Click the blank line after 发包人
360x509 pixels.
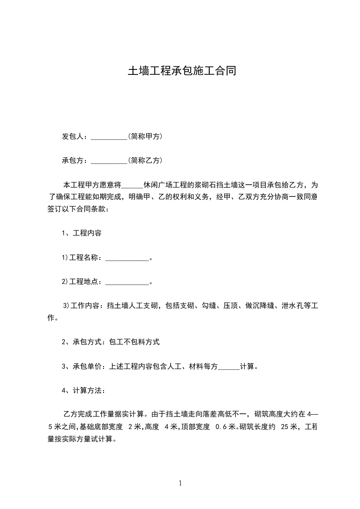(x=109, y=137)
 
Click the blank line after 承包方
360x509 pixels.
(x=109, y=161)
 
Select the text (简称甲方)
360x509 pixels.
(x=145, y=137)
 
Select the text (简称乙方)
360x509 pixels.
(x=145, y=161)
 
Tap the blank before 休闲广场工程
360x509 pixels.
(x=133, y=186)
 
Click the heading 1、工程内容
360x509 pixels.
(x=82, y=234)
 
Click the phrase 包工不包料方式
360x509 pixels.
(x=134, y=342)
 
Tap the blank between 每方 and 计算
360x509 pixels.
(x=229, y=367)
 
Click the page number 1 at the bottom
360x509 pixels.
(x=180, y=483)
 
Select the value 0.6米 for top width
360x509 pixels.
(x=226, y=426)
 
